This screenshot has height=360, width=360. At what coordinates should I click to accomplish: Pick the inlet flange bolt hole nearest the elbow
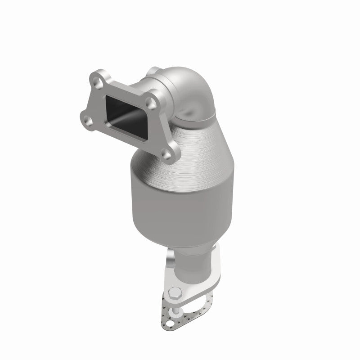click(153, 104)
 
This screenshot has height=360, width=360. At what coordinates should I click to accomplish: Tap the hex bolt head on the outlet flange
click(175, 293)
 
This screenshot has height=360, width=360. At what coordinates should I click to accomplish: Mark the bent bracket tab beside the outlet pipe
click(170, 261)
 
